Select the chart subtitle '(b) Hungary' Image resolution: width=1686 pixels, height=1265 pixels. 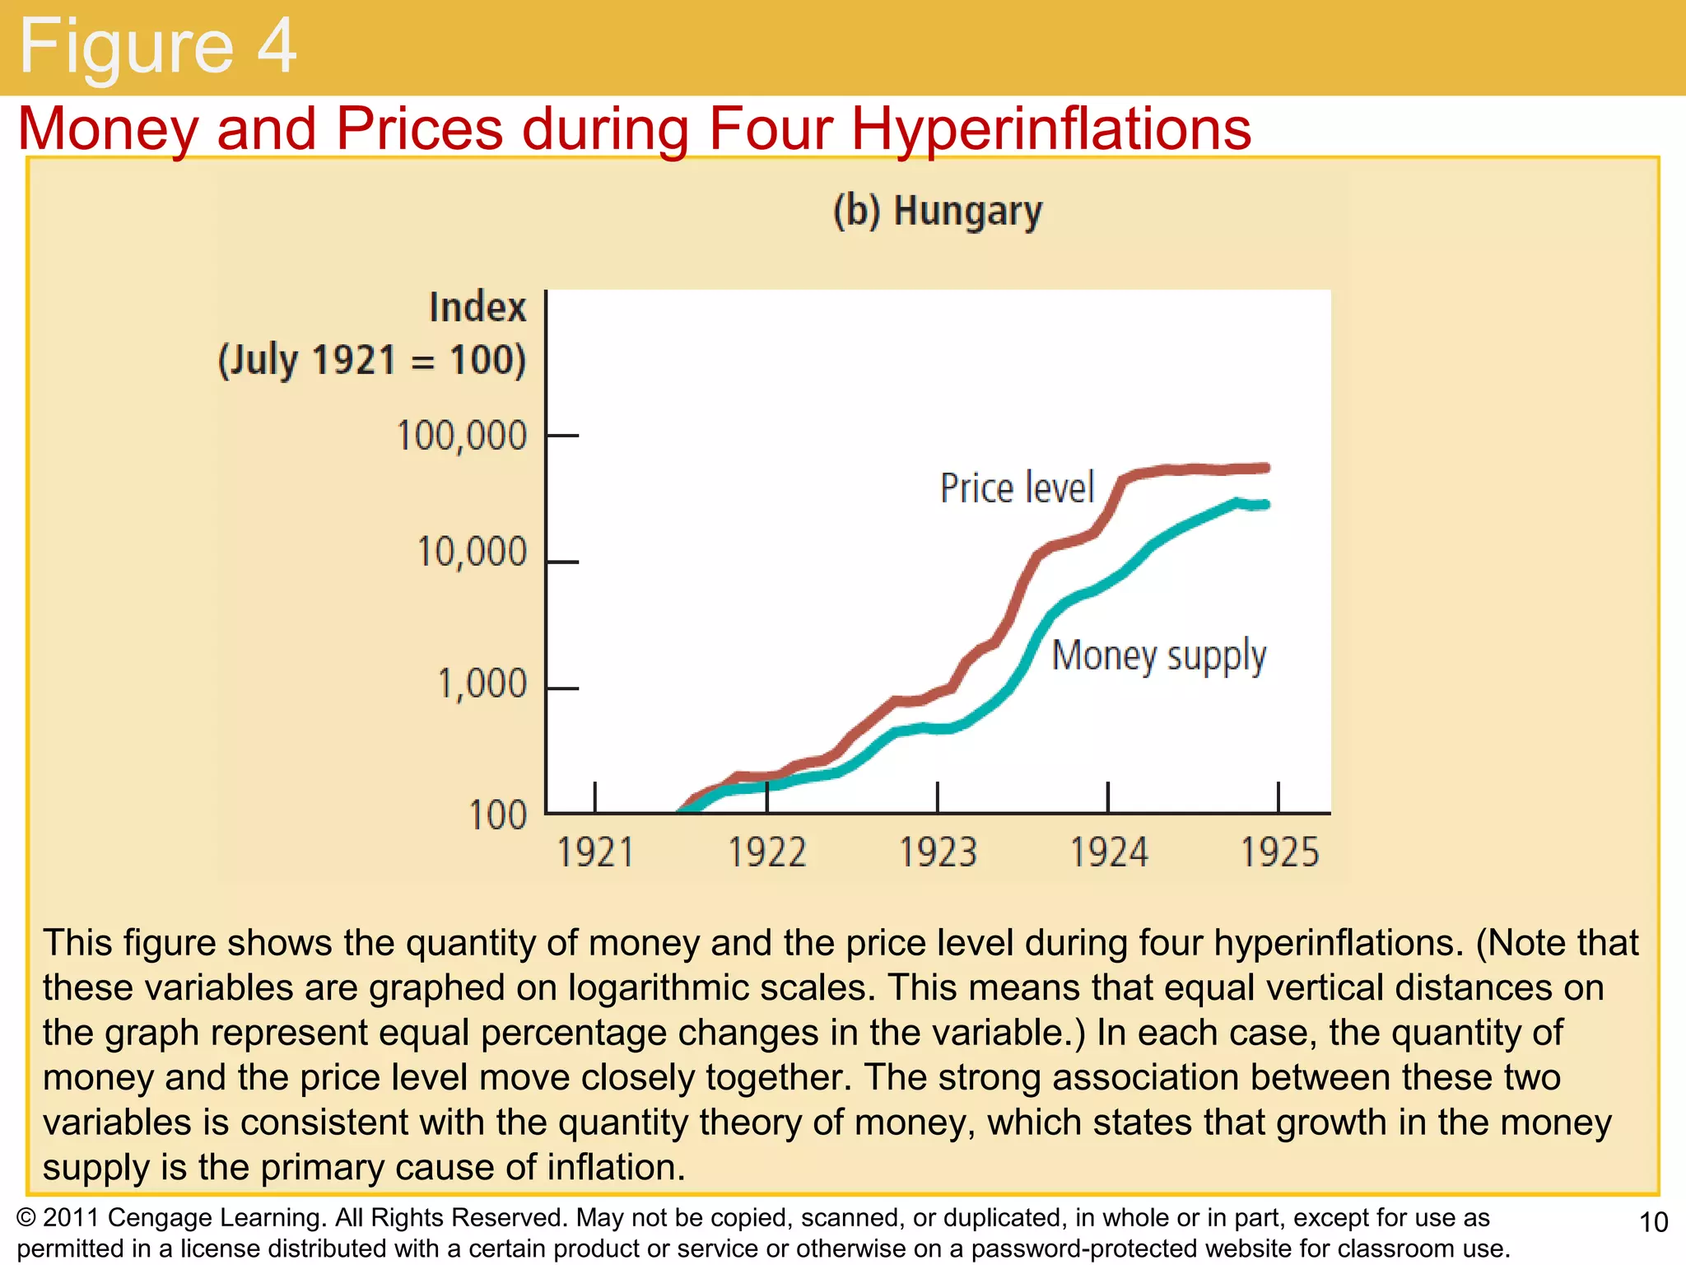click(x=937, y=211)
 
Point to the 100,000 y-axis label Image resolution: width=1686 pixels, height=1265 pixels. click(x=461, y=436)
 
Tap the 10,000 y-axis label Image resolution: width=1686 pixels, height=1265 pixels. click(x=471, y=552)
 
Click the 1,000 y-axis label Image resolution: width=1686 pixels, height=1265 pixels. click(x=481, y=684)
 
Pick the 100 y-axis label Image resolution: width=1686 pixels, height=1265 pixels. click(x=496, y=815)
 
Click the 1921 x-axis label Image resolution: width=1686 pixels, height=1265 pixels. click(x=595, y=852)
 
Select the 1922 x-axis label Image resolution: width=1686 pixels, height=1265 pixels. click(x=766, y=852)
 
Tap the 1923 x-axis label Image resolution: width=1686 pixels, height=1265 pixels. click(x=937, y=852)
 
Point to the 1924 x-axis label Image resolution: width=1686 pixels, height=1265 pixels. click(x=1108, y=852)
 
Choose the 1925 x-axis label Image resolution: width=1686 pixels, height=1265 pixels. click(x=1278, y=852)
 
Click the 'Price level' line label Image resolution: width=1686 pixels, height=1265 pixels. click(x=1017, y=488)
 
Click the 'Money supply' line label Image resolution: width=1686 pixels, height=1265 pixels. click(x=1158, y=656)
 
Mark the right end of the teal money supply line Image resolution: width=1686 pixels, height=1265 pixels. click(x=1264, y=504)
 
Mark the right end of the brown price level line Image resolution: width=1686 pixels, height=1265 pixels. click(x=1265, y=468)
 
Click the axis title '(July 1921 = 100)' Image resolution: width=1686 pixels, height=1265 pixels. click(x=371, y=361)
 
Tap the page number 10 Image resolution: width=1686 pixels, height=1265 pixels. click(x=1653, y=1222)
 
